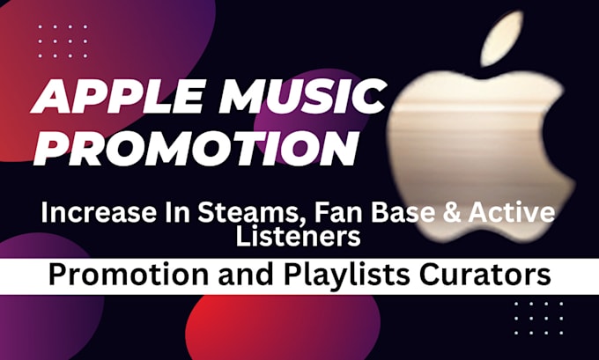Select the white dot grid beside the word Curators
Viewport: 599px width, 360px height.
click(x=538, y=318)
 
